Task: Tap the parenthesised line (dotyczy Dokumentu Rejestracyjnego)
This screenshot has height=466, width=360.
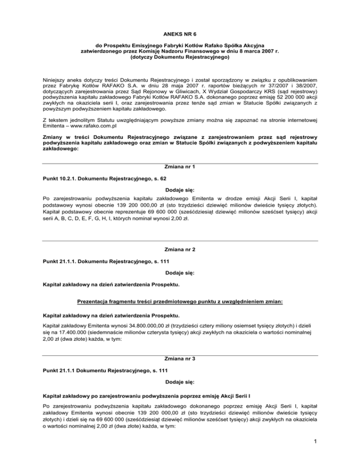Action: point(180,59)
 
